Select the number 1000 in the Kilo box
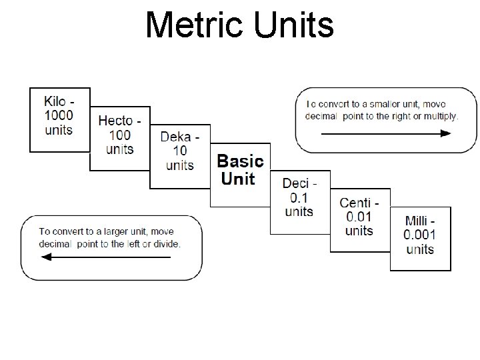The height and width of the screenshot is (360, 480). coord(59,115)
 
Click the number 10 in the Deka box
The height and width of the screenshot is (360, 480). coord(180,151)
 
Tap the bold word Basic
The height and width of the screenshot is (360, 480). coord(241,161)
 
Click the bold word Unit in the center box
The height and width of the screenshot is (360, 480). coord(237,179)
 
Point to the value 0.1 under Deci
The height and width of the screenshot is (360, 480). coord(299,198)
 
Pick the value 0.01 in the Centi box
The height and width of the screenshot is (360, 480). coord(359,217)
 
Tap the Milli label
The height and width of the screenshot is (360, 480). coord(419,221)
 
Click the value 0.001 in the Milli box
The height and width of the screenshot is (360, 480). coord(420,235)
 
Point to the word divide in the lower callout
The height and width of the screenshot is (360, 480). coord(164,244)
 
